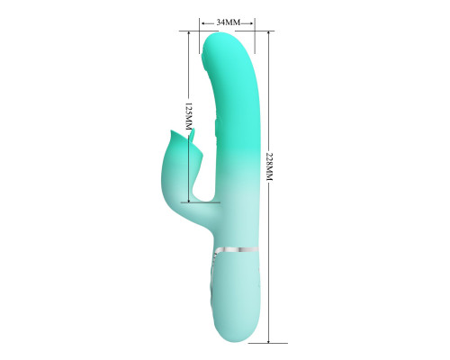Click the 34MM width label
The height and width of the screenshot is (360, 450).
(229, 22)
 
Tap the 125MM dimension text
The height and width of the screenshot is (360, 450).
(188, 116)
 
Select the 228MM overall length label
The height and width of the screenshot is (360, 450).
(270, 166)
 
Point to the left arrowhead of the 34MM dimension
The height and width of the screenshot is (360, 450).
(203, 23)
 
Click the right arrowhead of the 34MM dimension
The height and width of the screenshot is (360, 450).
(251, 23)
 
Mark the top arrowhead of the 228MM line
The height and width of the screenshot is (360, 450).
(269, 33)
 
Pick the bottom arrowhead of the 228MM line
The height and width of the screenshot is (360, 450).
(269, 340)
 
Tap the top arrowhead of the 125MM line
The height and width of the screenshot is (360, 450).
(189, 33)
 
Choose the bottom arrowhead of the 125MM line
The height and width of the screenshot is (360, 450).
(189, 201)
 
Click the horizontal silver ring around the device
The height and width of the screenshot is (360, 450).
(238, 249)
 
